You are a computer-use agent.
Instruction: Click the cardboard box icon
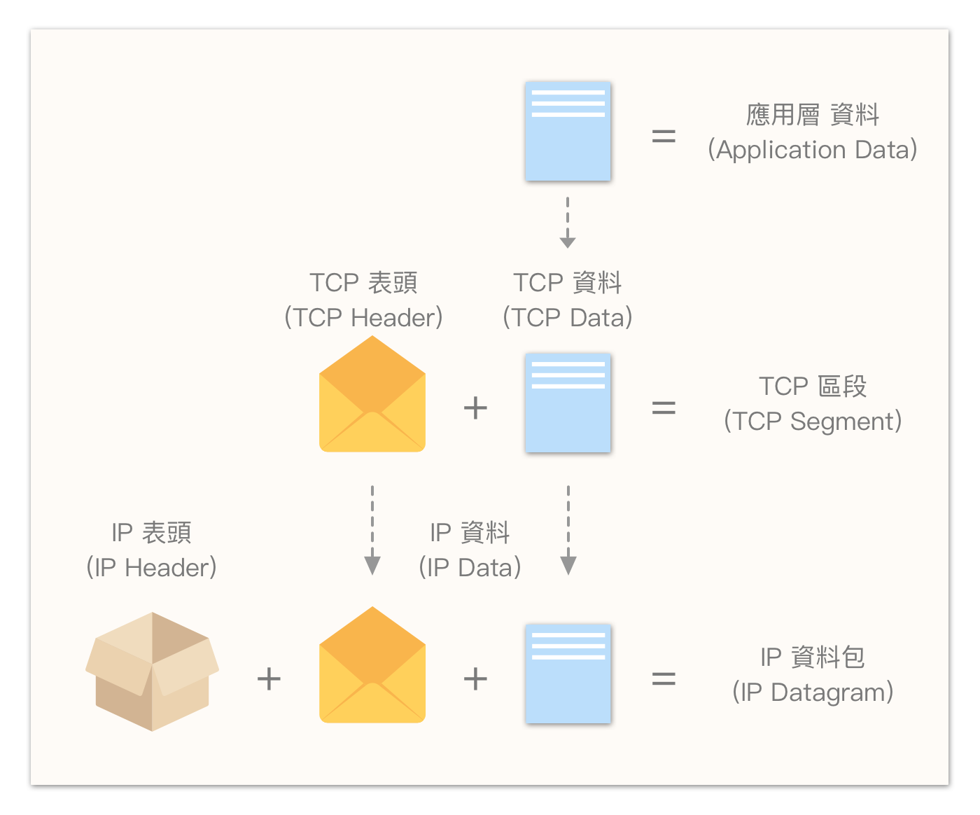[x=152, y=671]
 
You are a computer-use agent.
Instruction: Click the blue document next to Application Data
[x=568, y=131]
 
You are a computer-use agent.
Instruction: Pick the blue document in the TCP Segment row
[x=568, y=403]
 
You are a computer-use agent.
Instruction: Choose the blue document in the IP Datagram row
[x=568, y=674]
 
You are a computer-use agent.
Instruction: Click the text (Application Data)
[x=812, y=150]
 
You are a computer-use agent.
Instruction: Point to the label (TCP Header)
[x=363, y=317]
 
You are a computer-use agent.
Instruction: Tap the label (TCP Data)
[x=568, y=317]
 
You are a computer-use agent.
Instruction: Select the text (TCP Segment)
[x=812, y=422]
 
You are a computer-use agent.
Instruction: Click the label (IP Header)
[x=151, y=567]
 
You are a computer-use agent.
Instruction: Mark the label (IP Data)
[x=470, y=567]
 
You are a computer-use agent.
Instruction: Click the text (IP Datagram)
[x=812, y=692]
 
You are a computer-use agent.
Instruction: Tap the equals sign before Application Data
[x=664, y=136]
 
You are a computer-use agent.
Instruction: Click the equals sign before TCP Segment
[x=664, y=407]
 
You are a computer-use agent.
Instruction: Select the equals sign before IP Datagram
[x=664, y=678]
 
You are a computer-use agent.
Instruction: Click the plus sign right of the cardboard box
[x=269, y=678]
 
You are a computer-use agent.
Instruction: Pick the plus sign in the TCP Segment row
[x=475, y=407]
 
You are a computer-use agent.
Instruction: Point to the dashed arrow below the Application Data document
[x=568, y=223]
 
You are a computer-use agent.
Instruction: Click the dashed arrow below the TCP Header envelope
[x=372, y=530]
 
